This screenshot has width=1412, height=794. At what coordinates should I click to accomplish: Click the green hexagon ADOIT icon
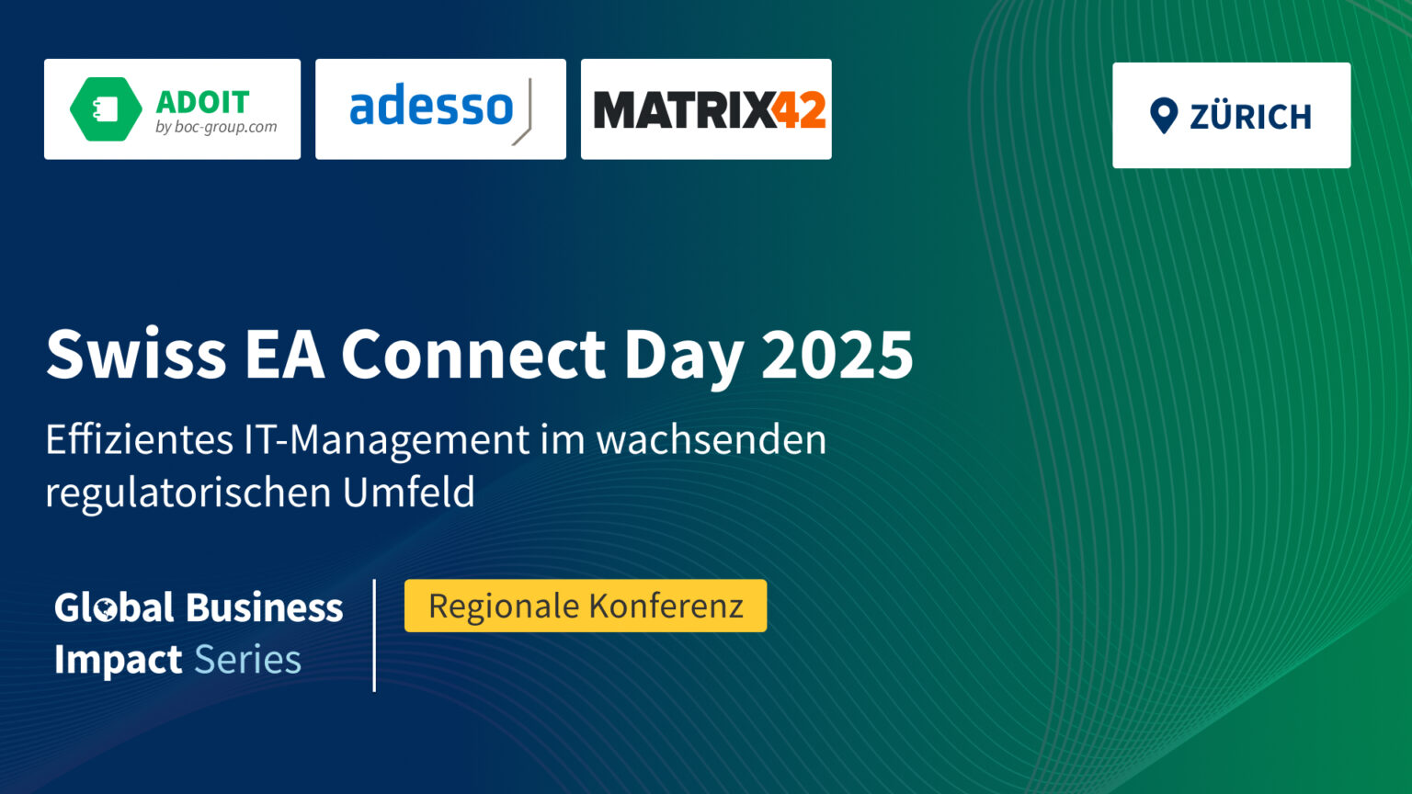[106, 109]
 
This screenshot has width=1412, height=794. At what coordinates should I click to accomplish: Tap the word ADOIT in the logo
[203, 101]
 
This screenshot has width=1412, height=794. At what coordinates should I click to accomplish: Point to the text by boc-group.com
[216, 127]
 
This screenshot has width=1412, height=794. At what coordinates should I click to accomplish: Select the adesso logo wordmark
[431, 108]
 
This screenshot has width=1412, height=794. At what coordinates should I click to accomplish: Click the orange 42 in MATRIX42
[798, 110]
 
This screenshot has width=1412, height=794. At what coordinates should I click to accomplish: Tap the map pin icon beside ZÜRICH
[1164, 116]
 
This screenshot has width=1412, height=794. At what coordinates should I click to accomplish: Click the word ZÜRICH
[1250, 117]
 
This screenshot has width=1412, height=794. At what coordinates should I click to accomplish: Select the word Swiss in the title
[136, 354]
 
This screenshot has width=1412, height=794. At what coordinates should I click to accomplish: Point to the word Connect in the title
[473, 354]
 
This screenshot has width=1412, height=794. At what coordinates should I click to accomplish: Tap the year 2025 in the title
[837, 354]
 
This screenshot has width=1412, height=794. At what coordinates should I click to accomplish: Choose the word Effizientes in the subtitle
[139, 439]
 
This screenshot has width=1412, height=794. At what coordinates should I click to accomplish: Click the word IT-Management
[386, 439]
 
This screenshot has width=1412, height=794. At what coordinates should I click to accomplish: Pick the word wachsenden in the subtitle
[711, 439]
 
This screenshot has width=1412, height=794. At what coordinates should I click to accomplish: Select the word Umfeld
[409, 492]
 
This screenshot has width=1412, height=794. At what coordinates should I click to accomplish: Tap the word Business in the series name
[264, 607]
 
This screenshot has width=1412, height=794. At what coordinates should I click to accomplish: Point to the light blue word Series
[247, 660]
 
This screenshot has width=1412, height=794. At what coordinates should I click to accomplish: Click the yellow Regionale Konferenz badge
[586, 606]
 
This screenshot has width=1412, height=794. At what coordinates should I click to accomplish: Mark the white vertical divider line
[374, 635]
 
